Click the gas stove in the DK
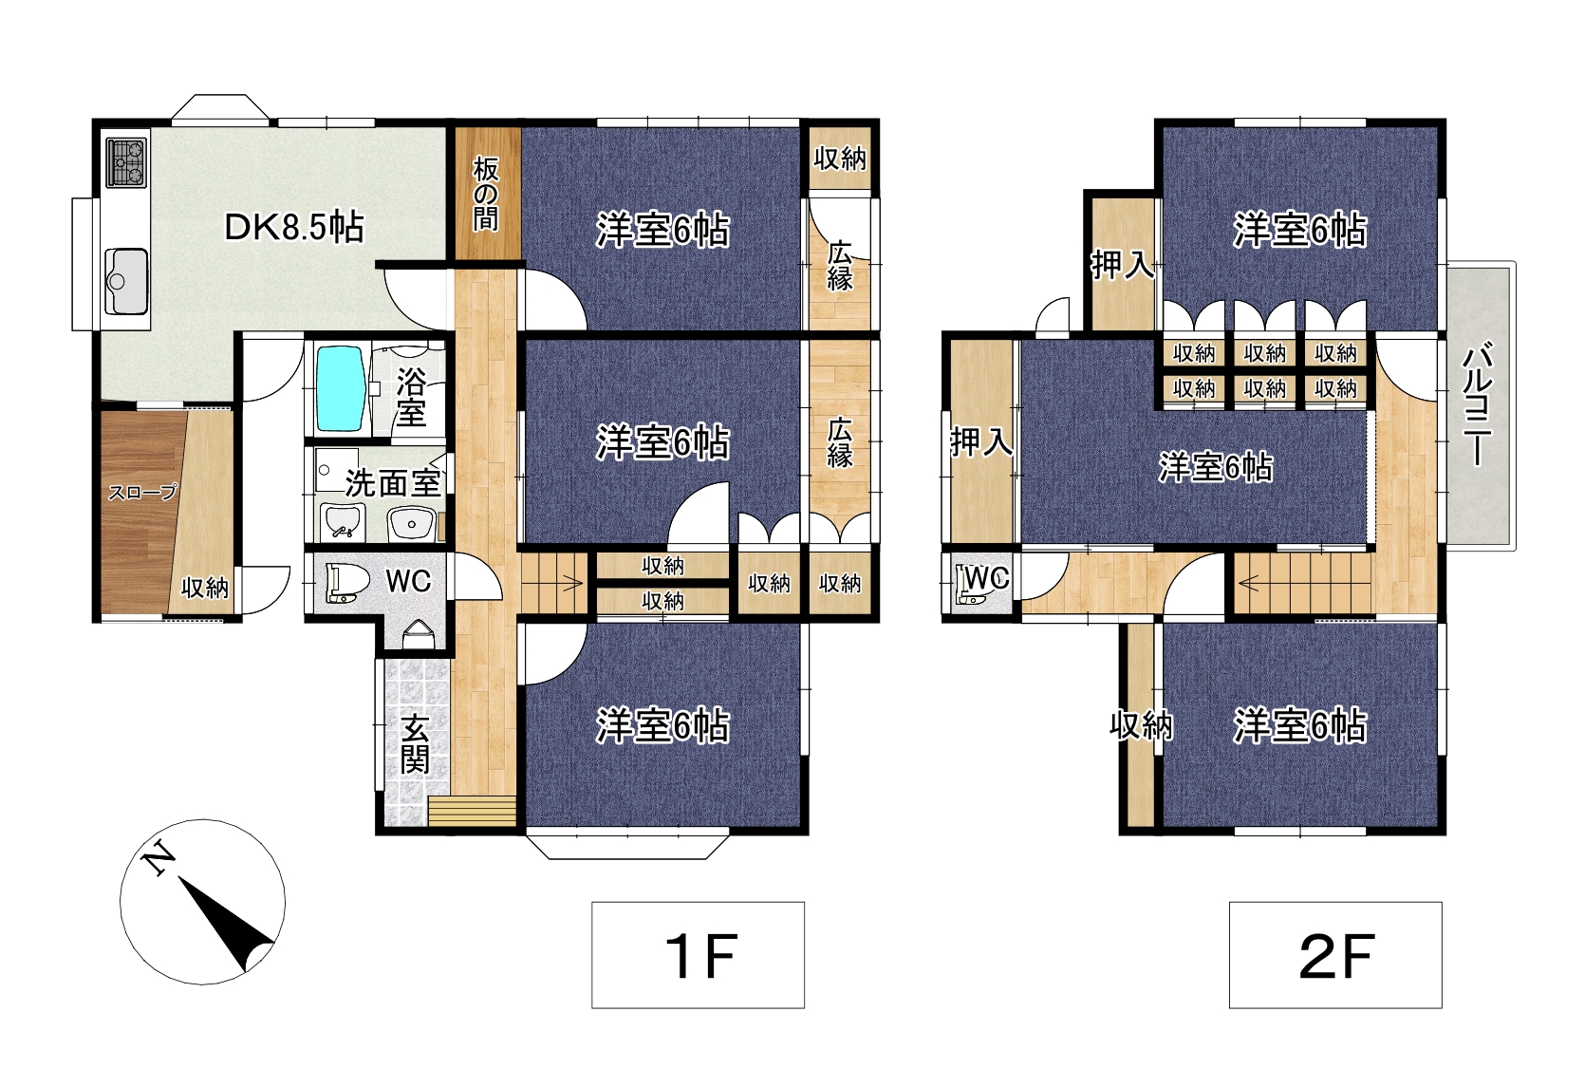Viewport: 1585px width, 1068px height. click(126, 162)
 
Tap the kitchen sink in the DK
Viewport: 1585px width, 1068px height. click(126, 281)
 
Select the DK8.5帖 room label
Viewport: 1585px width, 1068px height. click(293, 227)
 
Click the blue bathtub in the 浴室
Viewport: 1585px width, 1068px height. click(341, 388)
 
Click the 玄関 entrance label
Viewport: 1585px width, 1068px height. click(416, 744)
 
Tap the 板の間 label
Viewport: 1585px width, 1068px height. click(486, 194)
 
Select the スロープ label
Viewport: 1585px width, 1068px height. click(142, 492)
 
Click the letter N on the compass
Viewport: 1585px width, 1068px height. click(158, 858)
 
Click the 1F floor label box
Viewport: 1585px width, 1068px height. click(698, 955)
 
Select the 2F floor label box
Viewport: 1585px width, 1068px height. click(1335, 955)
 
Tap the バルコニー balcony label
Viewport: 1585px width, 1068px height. click(1479, 403)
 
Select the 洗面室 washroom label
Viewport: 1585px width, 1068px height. click(394, 484)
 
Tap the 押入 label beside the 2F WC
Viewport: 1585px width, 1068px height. click(981, 442)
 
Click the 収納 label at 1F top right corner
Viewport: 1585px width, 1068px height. click(840, 159)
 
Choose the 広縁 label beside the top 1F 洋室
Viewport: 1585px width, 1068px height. click(840, 266)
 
